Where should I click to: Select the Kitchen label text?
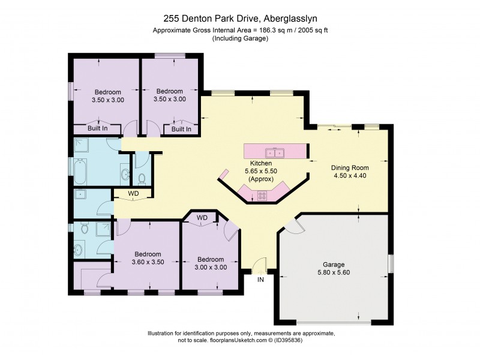[262, 163]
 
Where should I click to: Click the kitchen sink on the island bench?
[276, 152]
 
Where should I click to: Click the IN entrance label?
[260, 280]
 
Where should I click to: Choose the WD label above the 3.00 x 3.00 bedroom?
[202, 217]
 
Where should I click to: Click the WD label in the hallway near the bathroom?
[133, 194]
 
